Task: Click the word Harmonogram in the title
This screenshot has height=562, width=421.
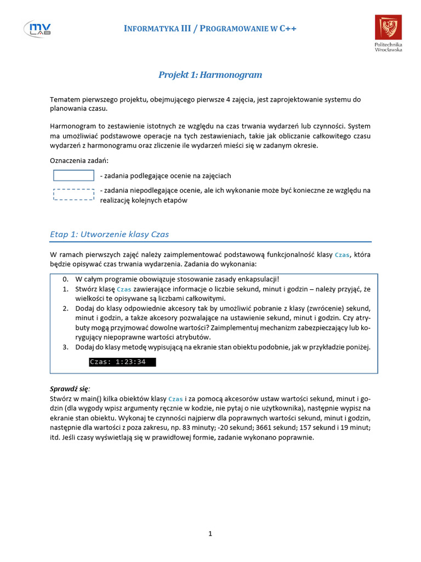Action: coord(232,75)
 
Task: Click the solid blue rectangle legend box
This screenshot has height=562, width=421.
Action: coord(73,176)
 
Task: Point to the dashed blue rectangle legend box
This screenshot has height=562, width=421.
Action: coord(73,195)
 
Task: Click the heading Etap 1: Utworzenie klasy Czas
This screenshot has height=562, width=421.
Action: coord(109,234)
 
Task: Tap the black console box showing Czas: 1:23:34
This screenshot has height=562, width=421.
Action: coord(122,362)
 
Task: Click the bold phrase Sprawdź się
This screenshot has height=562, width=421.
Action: coord(70,389)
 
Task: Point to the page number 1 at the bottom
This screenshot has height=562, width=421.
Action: coord(210,533)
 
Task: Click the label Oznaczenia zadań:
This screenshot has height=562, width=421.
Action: coord(79,161)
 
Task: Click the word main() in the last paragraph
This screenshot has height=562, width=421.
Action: coord(87,398)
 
